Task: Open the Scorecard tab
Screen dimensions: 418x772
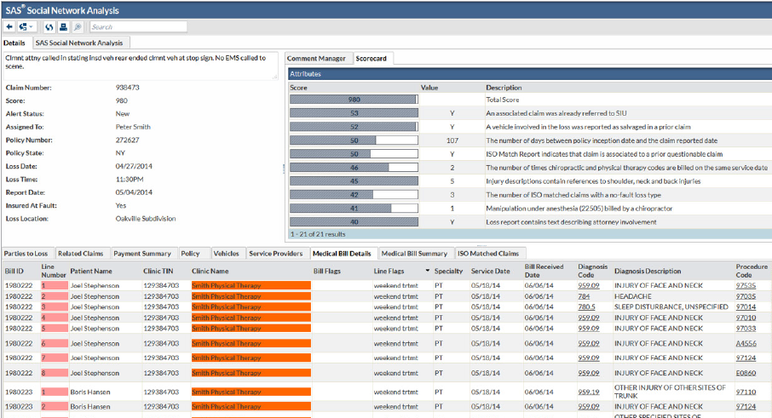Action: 372,59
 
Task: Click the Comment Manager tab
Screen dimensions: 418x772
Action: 317,59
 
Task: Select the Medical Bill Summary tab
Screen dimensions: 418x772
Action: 414,253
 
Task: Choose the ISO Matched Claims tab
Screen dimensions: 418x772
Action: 488,253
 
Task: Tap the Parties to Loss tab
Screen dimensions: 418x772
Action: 26,253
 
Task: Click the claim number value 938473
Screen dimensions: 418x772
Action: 128,88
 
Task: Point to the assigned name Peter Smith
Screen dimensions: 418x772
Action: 135,125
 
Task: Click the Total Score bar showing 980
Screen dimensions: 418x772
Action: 354,100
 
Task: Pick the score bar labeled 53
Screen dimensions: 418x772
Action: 354,112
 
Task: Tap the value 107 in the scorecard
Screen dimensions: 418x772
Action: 452,140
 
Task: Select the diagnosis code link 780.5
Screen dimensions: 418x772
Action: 586,306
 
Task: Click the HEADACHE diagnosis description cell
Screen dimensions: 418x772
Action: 633,295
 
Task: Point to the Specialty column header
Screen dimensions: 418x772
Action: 448,271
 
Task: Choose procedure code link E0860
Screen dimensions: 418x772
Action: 746,372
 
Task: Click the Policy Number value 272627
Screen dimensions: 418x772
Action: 128,138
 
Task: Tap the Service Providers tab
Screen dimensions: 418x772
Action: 276,253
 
